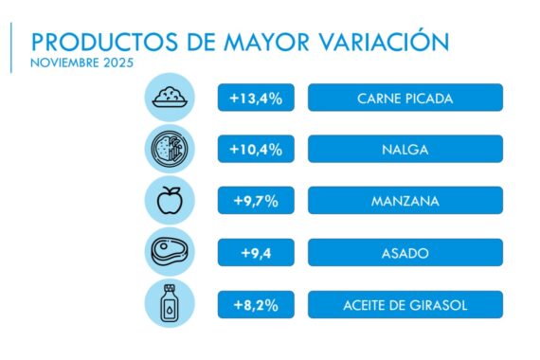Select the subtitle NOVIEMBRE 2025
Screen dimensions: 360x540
pos(81,63)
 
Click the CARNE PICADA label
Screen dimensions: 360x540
pos(405,99)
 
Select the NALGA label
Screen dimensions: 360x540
pos(405,150)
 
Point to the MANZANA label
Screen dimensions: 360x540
pos(405,201)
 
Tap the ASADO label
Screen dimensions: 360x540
pos(405,253)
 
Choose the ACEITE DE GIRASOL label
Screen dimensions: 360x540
pos(405,304)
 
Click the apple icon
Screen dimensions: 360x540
pos(171,201)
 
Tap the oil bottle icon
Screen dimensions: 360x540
pos(171,304)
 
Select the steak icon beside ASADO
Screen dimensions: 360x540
pos(171,253)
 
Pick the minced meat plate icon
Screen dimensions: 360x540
pos(171,98)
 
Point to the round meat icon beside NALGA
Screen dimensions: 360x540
pos(171,150)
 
